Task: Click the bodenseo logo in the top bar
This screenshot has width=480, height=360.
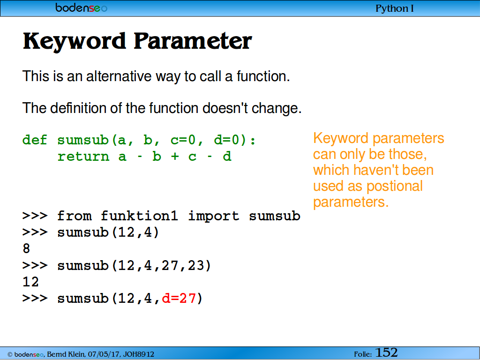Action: [81, 7]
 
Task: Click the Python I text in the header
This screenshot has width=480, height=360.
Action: [394, 8]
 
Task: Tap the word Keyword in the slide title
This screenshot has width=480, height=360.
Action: [75, 41]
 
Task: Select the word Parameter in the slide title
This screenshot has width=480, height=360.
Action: [193, 41]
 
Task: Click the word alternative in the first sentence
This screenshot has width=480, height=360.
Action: [119, 76]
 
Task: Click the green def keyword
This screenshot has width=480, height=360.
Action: [35, 140]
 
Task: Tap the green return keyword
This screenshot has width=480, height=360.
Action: [83, 157]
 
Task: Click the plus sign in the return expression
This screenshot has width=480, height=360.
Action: [175, 157]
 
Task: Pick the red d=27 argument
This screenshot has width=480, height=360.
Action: [179, 298]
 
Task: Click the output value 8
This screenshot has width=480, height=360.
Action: [26, 248]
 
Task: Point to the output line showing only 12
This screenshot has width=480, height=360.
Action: [30, 282]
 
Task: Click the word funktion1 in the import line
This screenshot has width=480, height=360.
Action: [139, 216]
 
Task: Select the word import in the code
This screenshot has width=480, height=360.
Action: [213, 216]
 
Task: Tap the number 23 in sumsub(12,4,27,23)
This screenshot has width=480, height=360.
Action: [195, 265]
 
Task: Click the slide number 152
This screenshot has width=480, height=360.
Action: [386, 352]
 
